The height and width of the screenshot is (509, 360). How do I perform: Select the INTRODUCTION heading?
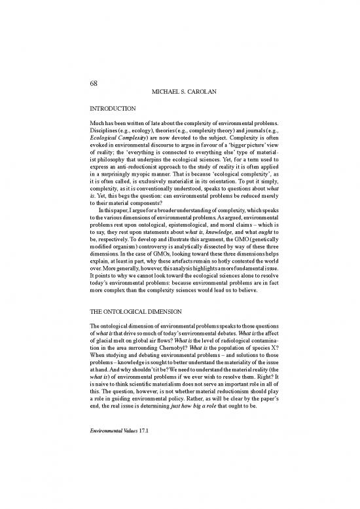[x=113, y=107]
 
